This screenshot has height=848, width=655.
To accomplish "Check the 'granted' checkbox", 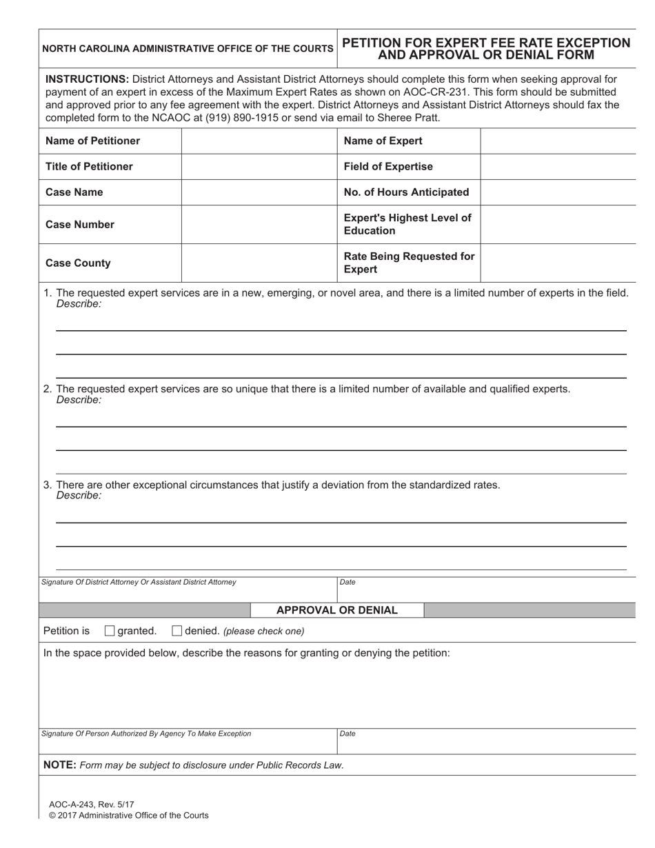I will tap(110, 631).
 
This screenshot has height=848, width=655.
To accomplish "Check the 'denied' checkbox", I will tap(177, 631).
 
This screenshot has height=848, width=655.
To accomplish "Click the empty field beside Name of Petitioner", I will tap(259, 141).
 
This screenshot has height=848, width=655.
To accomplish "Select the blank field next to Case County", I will tap(259, 263).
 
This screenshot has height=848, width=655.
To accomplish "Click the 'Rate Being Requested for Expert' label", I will tap(409, 263).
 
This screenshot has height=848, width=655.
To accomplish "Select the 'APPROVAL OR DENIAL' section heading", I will tap(336, 610).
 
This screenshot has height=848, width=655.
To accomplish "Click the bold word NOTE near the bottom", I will tap(59, 765).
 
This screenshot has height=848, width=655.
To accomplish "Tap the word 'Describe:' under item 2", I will tap(79, 400).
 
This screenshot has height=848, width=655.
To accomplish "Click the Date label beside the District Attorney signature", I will tap(347, 583).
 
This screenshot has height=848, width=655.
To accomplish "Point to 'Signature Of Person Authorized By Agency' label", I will tap(146, 734).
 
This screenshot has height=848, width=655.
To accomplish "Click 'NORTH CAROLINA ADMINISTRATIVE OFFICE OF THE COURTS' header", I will tap(188, 49).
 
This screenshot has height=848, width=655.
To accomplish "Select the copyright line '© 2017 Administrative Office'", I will tap(128, 816).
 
